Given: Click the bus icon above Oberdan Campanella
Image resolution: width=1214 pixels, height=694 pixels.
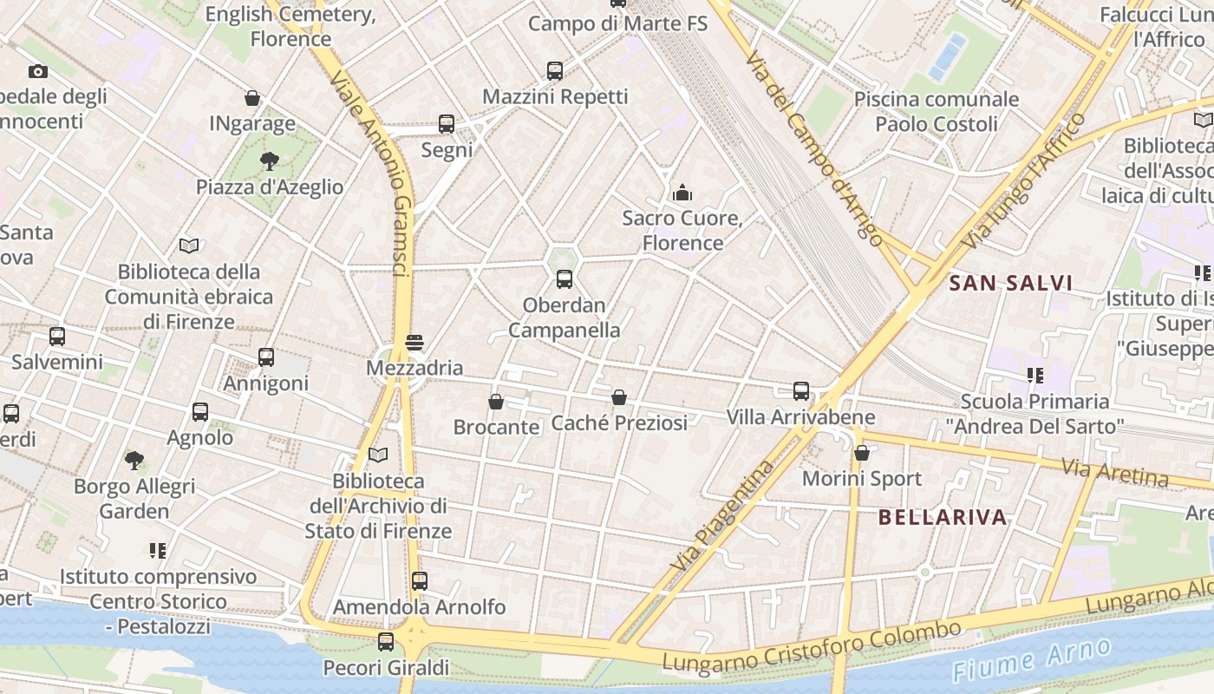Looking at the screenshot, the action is tap(565, 279).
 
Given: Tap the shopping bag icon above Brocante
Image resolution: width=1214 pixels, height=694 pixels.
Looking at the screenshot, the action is tap(496, 402).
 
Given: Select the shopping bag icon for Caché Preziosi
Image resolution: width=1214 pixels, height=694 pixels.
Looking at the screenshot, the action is tap(619, 397).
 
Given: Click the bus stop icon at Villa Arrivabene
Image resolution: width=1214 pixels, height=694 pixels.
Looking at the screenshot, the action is tap(801, 391).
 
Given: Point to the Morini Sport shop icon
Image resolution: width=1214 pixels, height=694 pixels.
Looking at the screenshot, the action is tap(861, 453).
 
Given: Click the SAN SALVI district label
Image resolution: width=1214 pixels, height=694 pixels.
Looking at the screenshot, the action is tap(1010, 283).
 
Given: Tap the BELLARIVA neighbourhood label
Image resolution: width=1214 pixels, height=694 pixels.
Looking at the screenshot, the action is tap(943, 518).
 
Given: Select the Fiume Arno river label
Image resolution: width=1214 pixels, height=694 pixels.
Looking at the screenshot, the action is tap(1031, 658).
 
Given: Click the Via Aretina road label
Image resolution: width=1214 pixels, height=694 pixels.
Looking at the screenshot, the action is tap(1114, 474).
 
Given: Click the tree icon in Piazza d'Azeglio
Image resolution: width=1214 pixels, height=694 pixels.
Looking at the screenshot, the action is tap(269, 160).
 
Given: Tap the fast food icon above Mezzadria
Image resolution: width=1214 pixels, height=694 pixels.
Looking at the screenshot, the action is tap(414, 343).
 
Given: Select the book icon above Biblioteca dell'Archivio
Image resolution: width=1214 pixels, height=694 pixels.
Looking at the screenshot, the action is tap(378, 455).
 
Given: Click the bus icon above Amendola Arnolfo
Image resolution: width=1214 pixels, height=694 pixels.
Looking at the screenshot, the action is tap(420, 581).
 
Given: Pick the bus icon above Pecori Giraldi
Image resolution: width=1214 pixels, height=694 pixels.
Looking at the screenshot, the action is tap(386, 642).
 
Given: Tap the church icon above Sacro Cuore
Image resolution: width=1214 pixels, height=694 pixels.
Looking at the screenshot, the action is tap(682, 192).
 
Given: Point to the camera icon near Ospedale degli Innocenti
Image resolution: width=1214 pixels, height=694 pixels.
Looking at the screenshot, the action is tap(37, 71).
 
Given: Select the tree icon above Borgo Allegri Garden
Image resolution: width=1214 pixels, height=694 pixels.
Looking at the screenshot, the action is tap(134, 460).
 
